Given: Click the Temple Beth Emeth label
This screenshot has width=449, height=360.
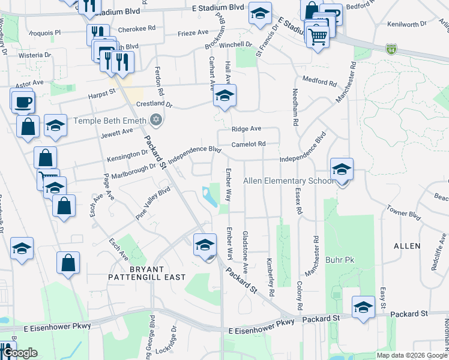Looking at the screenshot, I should pyautogui.click(x=109, y=121).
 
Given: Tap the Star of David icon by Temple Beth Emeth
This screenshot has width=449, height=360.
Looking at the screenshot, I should pyautogui.click(x=156, y=121).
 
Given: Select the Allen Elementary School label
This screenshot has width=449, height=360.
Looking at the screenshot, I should pyautogui.click(x=288, y=181).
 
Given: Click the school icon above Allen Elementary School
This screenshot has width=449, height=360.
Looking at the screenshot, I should pyautogui.click(x=342, y=169).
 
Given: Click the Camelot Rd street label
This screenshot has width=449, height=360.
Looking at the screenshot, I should pyautogui.click(x=249, y=144).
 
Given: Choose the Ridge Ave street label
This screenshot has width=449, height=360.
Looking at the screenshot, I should pyautogui.click(x=247, y=129).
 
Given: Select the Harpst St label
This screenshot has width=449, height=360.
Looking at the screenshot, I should pyautogui.click(x=102, y=93).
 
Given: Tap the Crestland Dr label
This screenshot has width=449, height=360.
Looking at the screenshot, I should pyautogui.click(x=154, y=104).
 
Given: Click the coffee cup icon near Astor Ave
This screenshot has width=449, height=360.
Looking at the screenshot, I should pyautogui.click(x=23, y=101).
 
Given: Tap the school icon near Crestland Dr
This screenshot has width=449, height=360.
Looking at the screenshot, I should pyautogui.click(x=224, y=95).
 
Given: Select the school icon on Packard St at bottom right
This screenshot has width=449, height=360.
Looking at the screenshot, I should pyautogui.click(x=363, y=307).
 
